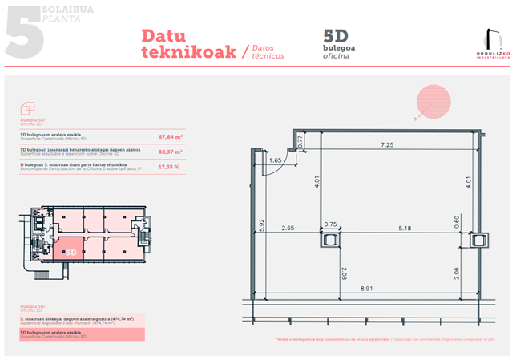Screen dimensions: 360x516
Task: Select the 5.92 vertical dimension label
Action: [262, 226]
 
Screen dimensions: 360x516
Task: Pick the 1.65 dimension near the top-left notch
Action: [275, 161]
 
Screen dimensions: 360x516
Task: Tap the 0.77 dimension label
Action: [301, 143]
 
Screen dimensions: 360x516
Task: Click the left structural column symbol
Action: [330, 239]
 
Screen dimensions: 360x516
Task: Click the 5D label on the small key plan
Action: [71, 252]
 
